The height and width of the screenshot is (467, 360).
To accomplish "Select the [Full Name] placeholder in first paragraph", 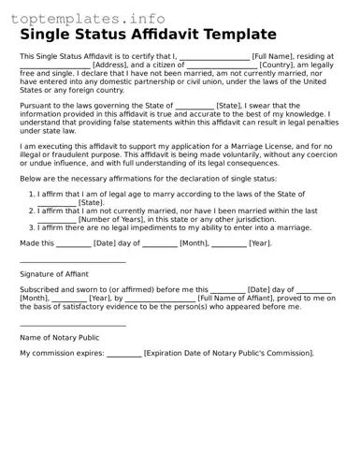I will click(272, 57).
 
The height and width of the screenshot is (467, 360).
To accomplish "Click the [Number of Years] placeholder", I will click(110, 219).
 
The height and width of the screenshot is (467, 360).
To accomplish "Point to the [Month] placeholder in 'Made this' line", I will click(194, 243).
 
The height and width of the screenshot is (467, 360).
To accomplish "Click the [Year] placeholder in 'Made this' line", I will click(259, 243).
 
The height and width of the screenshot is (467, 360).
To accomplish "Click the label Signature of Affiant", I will click(54, 274).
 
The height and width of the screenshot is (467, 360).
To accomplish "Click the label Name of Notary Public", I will click(59, 337).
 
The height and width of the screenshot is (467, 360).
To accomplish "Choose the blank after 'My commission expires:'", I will click(123, 354).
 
